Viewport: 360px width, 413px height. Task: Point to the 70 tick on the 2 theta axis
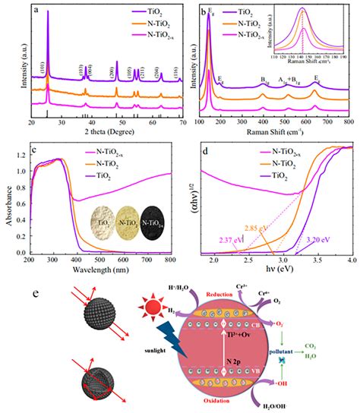tap(183, 122)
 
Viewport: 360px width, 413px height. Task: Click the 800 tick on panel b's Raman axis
tap(347, 122)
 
